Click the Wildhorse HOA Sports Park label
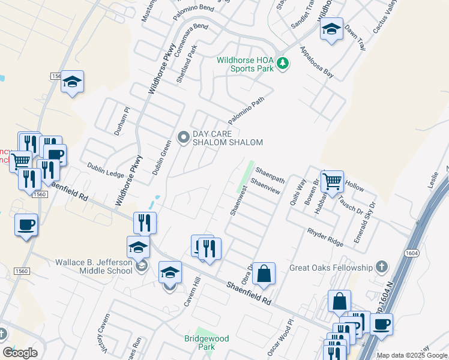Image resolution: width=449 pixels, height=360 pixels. pyautogui.click(x=246, y=64)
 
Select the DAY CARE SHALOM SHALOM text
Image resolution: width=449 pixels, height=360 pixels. pyautogui.click(x=228, y=138)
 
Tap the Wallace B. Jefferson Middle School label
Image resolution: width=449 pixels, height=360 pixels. pyautogui.click(x=94, y=266)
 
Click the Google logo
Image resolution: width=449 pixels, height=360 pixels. pyautogui.click(x=20, y=353)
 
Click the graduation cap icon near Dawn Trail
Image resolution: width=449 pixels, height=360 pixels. pyautogui.click(x=331, y=29)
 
